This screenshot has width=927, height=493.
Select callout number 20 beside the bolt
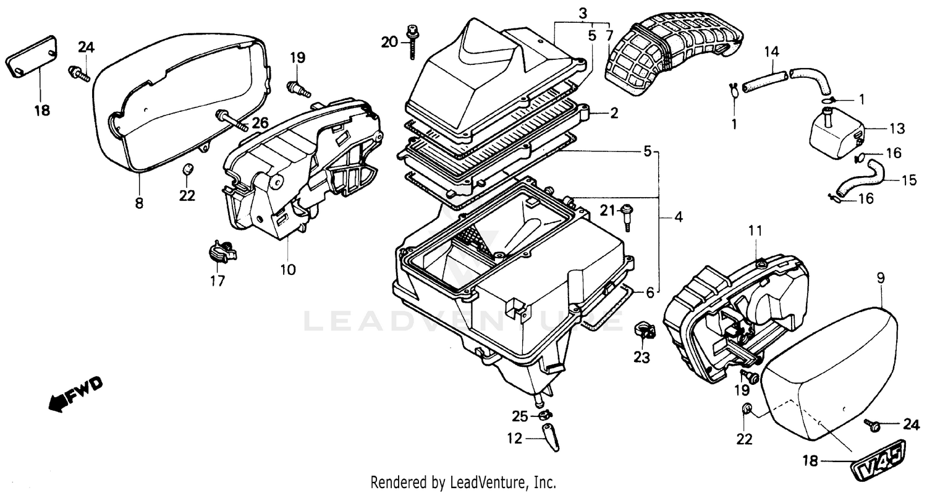pos(389,42)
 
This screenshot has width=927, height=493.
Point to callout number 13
pos(897,129)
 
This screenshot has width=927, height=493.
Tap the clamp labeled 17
pos(221,251)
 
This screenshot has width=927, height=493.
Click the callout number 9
pos(881,279)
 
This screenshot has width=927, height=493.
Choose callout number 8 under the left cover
pos(139,203)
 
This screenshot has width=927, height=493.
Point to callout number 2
pos(614,113)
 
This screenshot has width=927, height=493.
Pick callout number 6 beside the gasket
pos(650,292)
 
